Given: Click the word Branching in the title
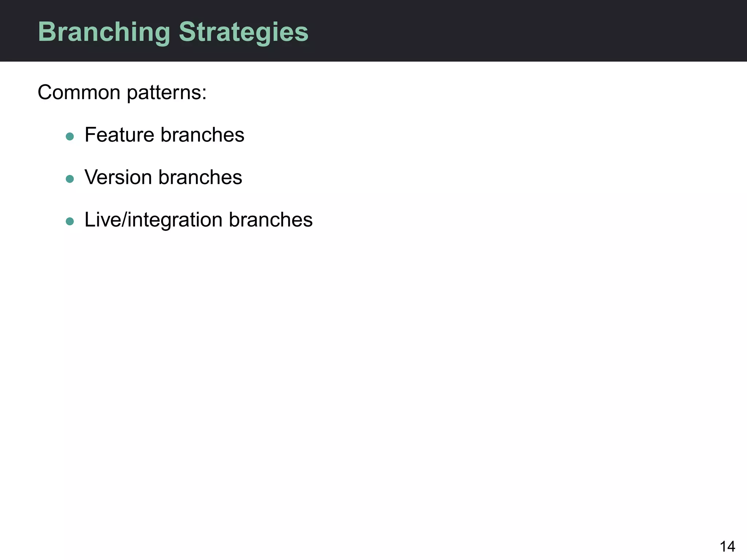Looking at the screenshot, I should click(104, 32).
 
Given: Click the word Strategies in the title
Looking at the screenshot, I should click(243, 32).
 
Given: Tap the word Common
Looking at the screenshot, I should click(79, 92).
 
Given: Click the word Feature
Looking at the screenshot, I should click(119, 135).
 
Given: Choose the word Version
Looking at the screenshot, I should click(118, 178).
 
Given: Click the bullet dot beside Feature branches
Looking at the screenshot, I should click(70, 137).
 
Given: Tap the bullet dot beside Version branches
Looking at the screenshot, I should click(70, 179).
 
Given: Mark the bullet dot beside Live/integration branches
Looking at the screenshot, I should click(70, 221).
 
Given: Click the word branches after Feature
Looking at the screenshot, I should click(202, 135).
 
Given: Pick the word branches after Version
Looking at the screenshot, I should click(200, 178).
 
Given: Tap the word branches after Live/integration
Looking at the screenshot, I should click(271, 220).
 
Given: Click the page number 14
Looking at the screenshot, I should click(727, 547).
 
